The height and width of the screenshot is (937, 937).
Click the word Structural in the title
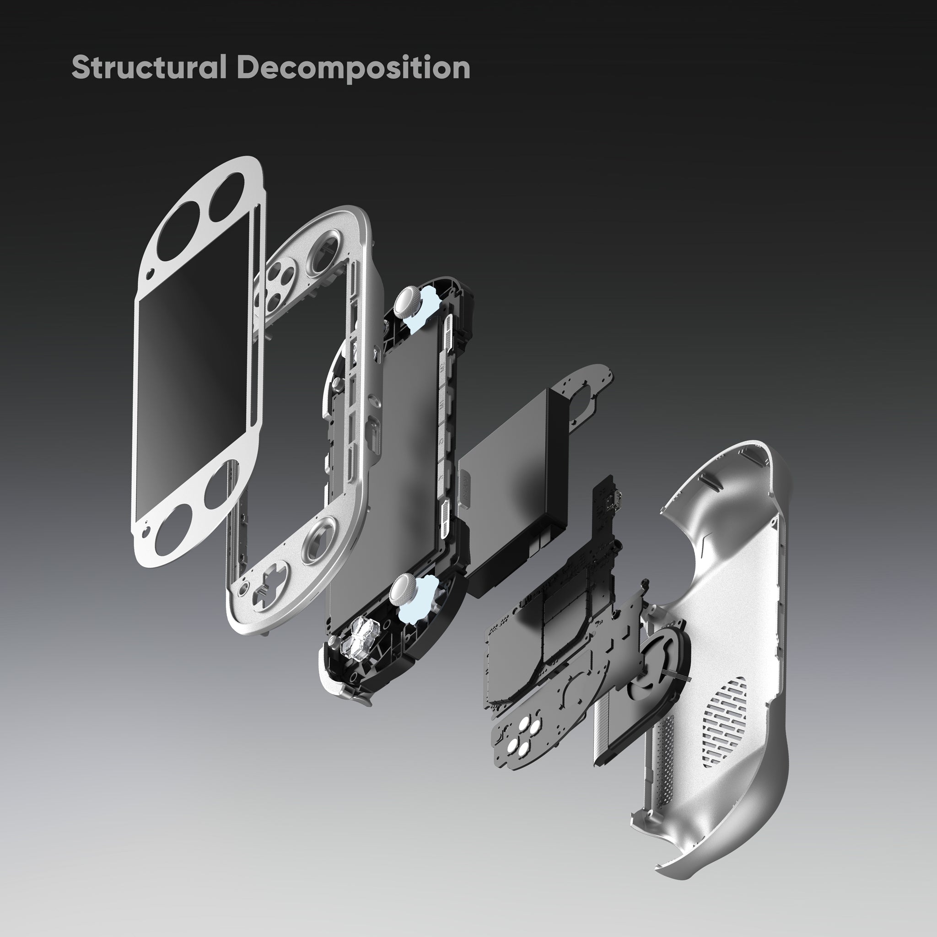(149, 67)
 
